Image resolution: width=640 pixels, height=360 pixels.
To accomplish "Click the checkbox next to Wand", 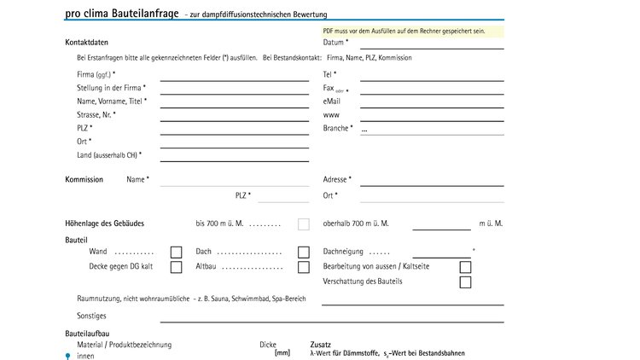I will click(177, 253).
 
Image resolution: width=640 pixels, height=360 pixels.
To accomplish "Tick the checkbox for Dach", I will click(303, 253).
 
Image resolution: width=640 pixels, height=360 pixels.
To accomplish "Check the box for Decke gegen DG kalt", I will click(177, 267).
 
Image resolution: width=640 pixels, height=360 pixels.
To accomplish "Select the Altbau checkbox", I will click(303, 267).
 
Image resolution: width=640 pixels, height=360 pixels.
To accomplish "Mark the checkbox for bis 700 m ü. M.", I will click(303, 224).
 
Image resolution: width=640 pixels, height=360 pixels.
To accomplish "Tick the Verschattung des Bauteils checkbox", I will click(465, 282).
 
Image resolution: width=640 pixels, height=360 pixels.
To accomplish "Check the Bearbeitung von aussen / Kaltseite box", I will click(465, 267).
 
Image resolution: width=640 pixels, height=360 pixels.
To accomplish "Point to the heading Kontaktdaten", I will click(86, 43).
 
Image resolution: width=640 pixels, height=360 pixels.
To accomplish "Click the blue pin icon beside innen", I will click(68, 355).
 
